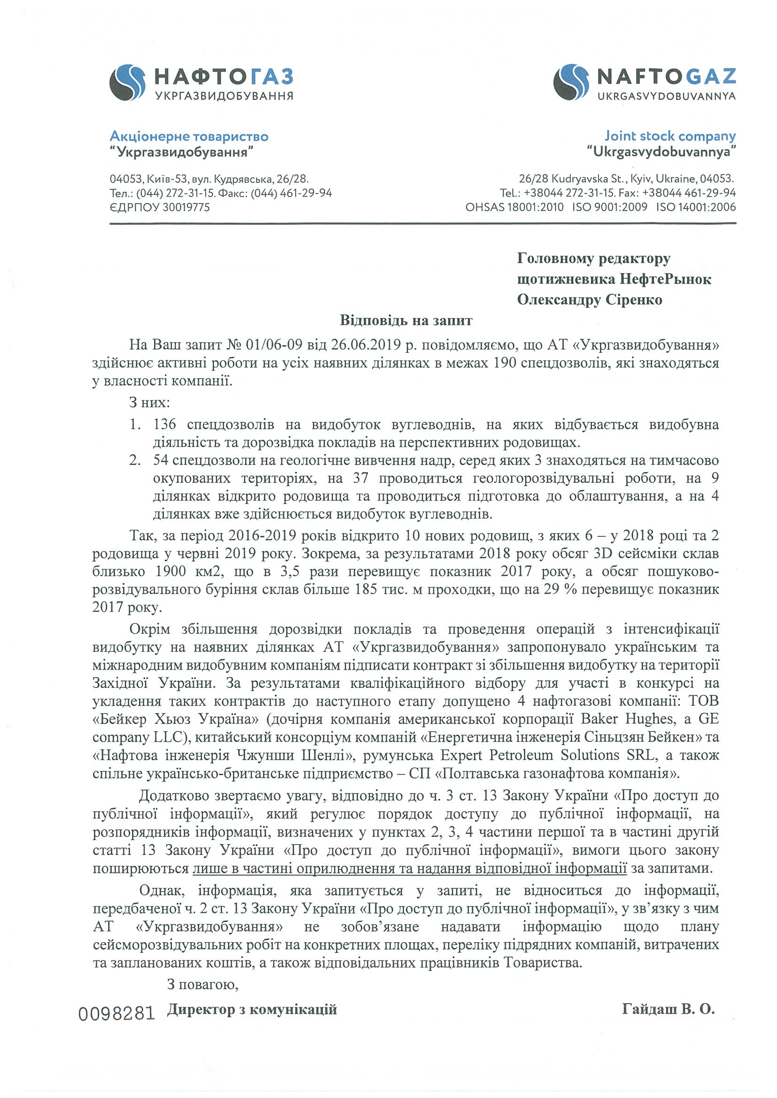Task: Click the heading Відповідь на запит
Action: [406, 320]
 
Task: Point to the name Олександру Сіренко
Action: [590, 299]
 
